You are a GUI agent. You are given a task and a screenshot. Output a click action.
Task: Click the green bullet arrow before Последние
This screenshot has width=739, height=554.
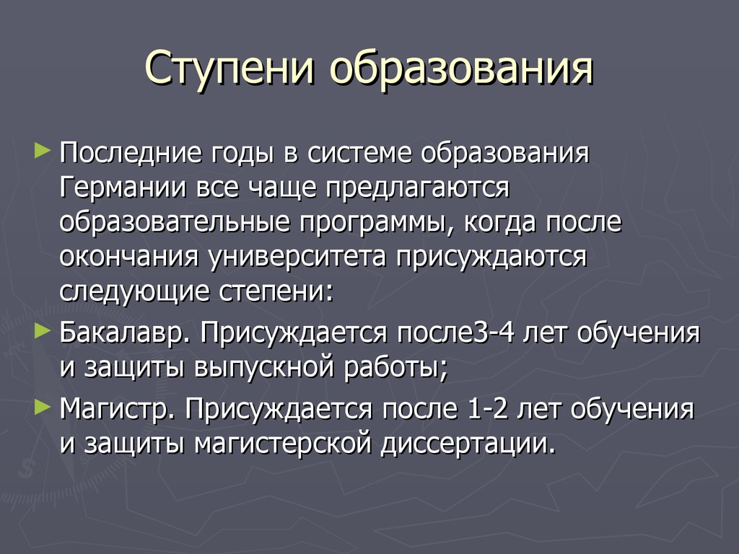(43, 151)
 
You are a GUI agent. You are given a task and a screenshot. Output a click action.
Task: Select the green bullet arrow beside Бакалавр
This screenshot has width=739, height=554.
(43, 331)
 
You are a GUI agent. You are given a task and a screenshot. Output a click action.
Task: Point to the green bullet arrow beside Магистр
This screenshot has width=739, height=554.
(43, 407)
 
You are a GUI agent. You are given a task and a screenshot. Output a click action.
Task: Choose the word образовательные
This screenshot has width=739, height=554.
(175, 222)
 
